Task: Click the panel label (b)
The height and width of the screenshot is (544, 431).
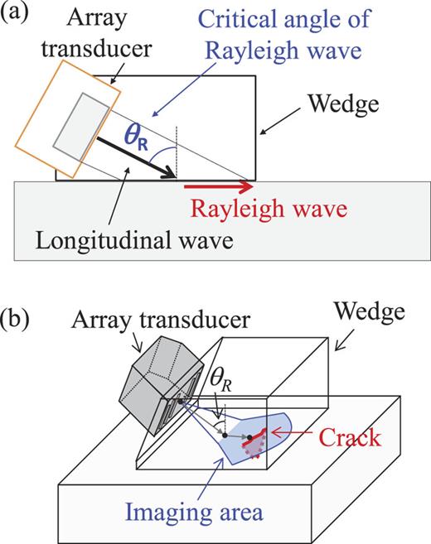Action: (18, 319)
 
